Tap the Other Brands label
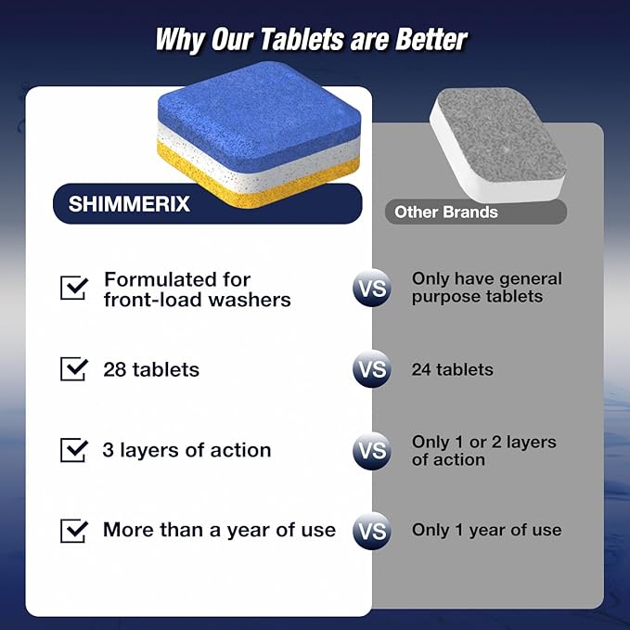(446, 212)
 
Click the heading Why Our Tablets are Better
(311, 39)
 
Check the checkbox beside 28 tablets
(73, 369)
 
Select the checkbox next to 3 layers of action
(73, 450)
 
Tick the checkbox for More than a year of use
(73, 531)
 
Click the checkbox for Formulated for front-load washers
(73, 288)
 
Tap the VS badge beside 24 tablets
(371, 370)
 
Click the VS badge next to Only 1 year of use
(371, 532)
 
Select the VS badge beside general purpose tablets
(371, 289)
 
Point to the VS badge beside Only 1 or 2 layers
(371, 451)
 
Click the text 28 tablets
(151, 369)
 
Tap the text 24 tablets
(453, 369)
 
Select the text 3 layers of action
(186, 450)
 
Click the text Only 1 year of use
(486, 531)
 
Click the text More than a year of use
(219, 531)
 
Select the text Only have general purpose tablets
(486, 288)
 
